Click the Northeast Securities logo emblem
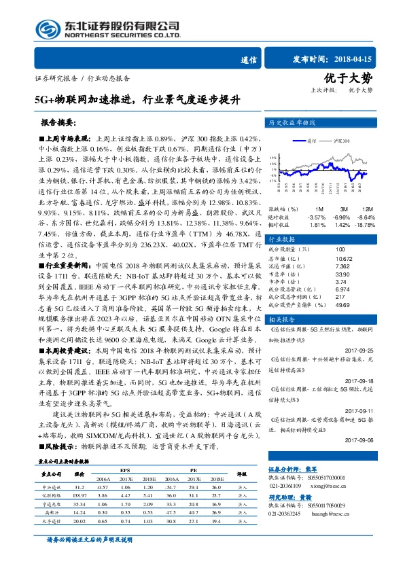[48, 29]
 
